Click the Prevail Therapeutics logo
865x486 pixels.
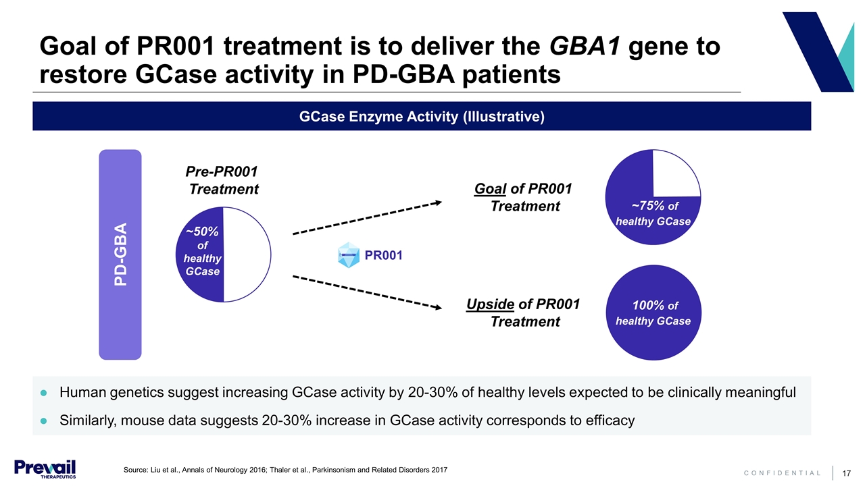coord(45,468)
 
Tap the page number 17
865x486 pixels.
coord(844,473)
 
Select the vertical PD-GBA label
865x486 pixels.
coord(120,254)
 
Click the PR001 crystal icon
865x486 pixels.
coord(348,256)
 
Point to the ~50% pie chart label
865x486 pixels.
coord(202,232)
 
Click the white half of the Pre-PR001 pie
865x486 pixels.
coord(247,254)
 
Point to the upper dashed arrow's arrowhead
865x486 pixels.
coord(438,201)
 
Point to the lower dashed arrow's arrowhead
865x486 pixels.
coord(438,308)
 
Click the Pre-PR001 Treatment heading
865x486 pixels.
coord(223,180)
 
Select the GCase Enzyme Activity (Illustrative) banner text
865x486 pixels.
coord(422,117)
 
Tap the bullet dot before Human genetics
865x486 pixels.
coord(43,393)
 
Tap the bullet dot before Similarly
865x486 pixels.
coord(43,421)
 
